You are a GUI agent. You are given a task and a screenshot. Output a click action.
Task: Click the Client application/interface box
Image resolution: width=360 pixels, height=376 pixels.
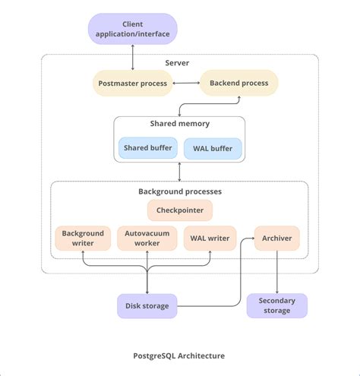click(x=134, y=30)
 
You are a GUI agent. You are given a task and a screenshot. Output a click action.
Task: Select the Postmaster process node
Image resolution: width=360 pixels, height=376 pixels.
click(x=134, y=83)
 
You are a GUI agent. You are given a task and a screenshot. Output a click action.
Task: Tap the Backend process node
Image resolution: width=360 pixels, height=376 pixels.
click(x=238, y=83)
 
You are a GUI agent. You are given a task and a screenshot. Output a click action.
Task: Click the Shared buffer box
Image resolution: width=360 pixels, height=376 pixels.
click(x=147, y=147)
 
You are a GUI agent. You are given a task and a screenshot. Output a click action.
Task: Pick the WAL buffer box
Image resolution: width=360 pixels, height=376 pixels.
click(x=213, y=147)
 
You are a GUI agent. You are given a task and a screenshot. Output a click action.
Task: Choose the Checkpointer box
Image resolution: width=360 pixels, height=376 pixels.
click(x=180, y=210)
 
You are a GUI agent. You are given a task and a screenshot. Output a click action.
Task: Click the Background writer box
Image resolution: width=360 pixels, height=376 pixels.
click(x=83, y=239)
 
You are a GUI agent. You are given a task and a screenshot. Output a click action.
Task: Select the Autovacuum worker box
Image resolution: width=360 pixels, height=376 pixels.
click(x=147, y=239)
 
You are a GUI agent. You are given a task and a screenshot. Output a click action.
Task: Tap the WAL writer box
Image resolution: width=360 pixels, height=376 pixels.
click(x=210, y=239)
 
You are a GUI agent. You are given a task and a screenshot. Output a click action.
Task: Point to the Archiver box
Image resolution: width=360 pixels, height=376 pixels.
click(x=276, y=239)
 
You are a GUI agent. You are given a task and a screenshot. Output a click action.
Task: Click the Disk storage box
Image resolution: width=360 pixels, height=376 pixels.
click(x=147, y=306)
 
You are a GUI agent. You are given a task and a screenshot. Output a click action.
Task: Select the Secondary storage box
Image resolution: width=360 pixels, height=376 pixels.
click(x=276, y=305)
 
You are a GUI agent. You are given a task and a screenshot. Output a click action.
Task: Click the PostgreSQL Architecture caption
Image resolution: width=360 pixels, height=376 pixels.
click(x=179, y=355)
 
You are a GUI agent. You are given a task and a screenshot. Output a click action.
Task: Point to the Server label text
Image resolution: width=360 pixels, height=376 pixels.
click(x=177, y=62)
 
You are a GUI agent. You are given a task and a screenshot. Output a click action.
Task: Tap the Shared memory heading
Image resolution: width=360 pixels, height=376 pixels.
click(x=179, y=123)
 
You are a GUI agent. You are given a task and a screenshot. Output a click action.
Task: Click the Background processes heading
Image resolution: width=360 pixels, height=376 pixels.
click(x=179, y=191)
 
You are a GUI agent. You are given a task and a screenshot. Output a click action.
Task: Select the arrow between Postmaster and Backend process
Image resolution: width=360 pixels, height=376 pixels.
click(x=185, y=83)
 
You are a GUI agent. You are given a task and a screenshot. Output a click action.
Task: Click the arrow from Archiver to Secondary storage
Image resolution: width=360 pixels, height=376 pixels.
click(x=276, y=272)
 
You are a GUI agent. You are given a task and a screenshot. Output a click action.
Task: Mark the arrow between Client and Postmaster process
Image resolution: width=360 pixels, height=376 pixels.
click(x=134, y=57)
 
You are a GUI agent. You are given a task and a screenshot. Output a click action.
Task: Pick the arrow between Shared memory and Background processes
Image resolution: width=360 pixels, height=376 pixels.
click(x=180, y=171)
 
